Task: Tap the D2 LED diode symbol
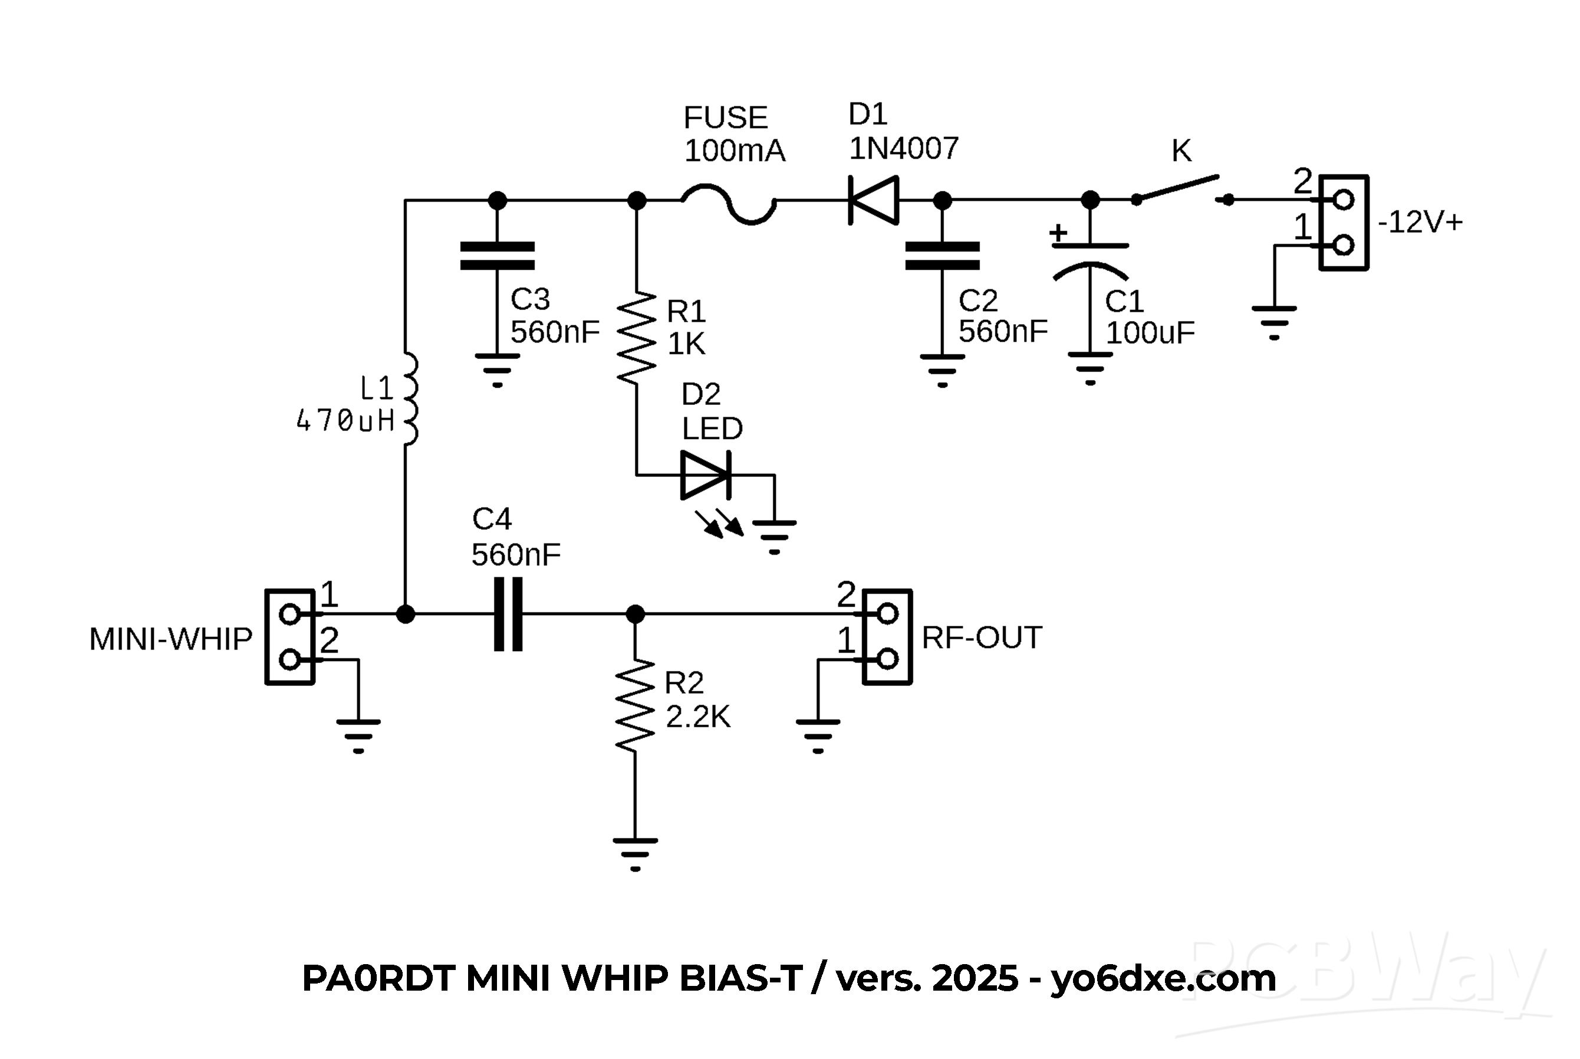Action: tap(705, 476)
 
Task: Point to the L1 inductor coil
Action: tap(409, 399)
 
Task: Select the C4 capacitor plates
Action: tap(508, 614)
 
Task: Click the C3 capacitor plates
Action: tap(497, 256)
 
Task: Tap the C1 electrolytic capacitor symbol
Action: tap(1090, 260)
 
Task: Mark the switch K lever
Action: tap(1177, 189)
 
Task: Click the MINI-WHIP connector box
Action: tap(290, 637)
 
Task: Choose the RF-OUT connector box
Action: tap(887, 637)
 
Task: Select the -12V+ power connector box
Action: tap(1344, 222)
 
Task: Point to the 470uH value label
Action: tap(345, 421)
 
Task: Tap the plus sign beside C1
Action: tap(1058, 233)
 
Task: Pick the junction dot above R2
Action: tap(635, 614)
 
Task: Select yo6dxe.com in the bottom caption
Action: tap(1163, 978)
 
